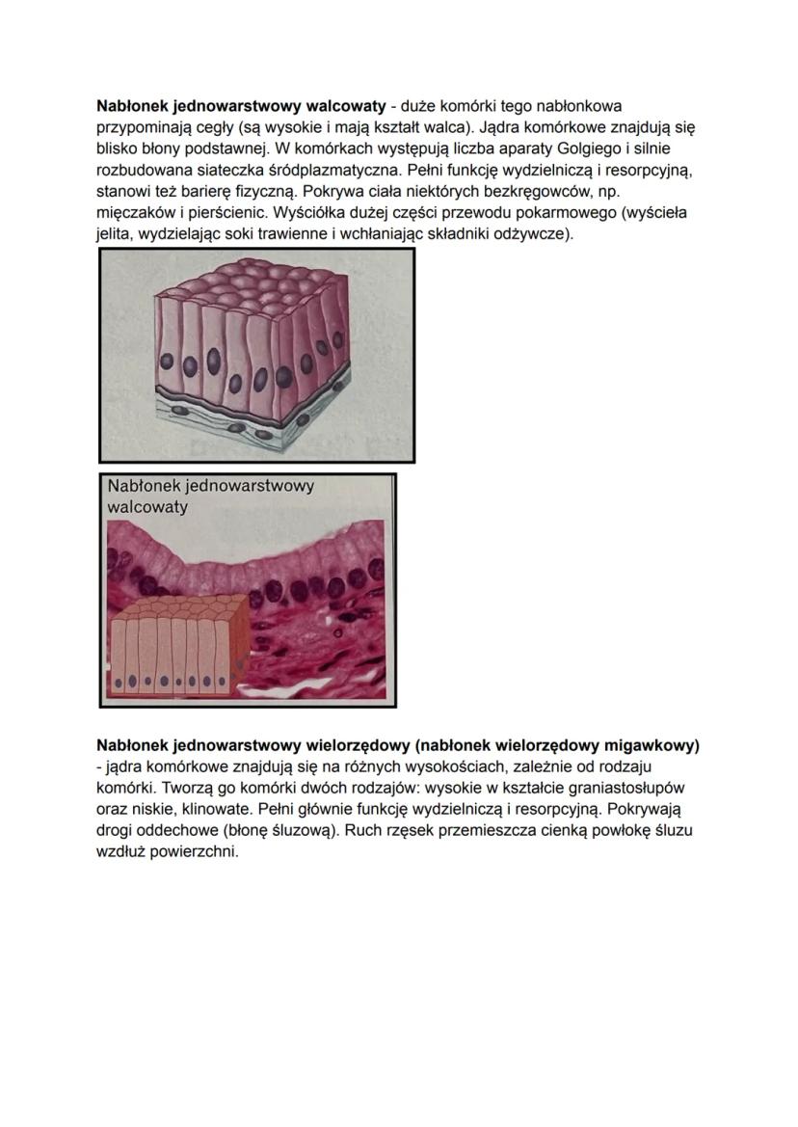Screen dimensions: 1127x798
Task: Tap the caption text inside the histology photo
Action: coord(210,496)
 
